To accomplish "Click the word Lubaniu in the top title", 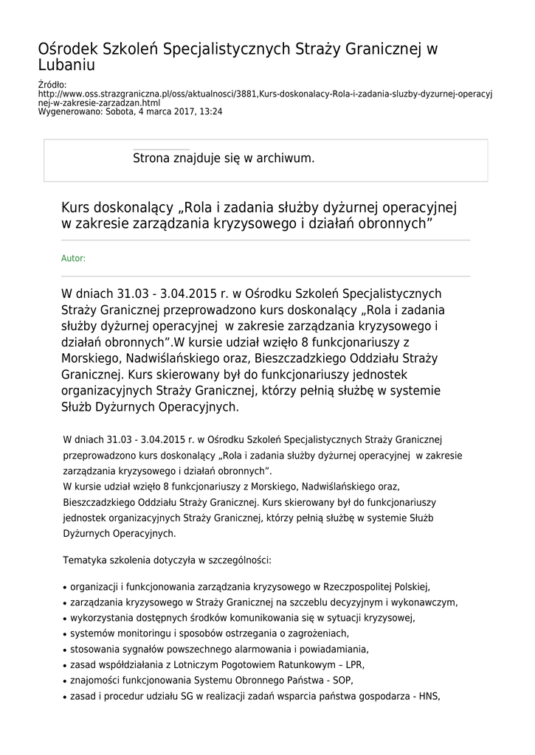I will coord(67,66).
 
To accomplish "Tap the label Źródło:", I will coord(52,86).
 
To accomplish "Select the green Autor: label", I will coord(73,258).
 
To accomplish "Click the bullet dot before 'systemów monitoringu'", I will coord(66,634).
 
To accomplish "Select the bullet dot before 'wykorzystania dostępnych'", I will coord(66,619).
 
